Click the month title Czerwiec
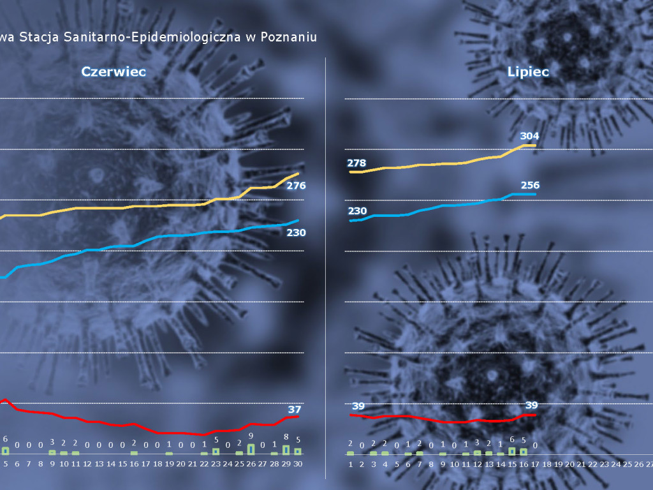point(114,71)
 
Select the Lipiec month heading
point(528,71)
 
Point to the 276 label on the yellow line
point(296,186)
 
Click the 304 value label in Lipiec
point(529,136)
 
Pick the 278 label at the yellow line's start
point(357,163)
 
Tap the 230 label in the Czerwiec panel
point(296,233)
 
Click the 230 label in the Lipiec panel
point(357,211)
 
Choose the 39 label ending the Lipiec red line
point(531,405)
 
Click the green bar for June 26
point(251,449)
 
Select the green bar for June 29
point(286,450)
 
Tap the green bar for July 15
point(511,451)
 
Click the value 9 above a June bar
point(251,436)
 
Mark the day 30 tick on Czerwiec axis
point(297,464)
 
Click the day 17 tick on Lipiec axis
point(535,464)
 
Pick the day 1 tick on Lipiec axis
point(350,464)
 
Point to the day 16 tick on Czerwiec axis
point(134,464)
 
